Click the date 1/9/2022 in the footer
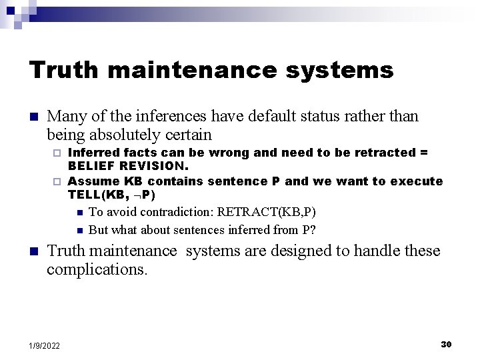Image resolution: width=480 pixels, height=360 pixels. click(x=45, y=345)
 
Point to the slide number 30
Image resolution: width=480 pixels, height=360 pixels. click(x=446, y=344)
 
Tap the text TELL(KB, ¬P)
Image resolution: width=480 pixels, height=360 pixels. click(x=111, y=195)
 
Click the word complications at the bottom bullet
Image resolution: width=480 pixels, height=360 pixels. click(x=95, y=269)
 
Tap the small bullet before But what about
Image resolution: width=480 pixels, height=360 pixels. click(x=79, y=231)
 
